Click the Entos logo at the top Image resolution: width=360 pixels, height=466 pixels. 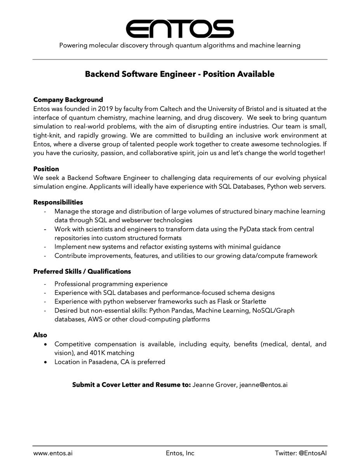point(180,29)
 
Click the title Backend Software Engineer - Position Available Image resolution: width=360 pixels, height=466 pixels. point(180,74)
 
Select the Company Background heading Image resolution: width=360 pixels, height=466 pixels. point(68,100)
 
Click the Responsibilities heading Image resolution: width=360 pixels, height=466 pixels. point(58,202)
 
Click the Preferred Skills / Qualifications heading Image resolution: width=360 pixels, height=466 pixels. point(82,271)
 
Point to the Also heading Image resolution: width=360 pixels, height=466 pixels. point(40,335)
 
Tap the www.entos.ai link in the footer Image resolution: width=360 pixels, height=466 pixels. point(53,453)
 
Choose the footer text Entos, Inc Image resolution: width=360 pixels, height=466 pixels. point(180,453)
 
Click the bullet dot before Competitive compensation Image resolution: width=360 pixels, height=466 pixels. point(46,344)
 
